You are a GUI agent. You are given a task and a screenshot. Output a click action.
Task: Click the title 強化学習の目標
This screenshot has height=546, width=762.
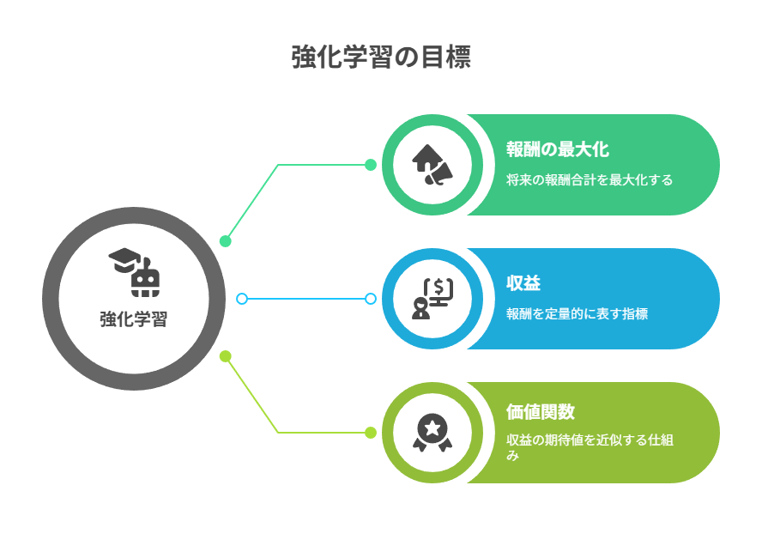(x=381, y=57)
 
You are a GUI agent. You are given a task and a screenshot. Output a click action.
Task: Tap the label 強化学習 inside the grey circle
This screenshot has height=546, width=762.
(x=134, y=319)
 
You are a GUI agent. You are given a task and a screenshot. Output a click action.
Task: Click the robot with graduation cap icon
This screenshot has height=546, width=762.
(x=134, y=272)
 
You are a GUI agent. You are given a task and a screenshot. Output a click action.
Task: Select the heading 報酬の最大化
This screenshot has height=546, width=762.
(x=558, y=149)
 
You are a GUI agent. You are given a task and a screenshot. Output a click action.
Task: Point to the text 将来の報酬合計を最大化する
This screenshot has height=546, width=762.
(x=590, y=180)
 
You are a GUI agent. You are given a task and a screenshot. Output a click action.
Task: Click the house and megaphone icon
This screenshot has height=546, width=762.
(x=432, y=165)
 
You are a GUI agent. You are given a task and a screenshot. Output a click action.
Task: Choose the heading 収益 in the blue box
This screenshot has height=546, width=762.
(x=523, y=283)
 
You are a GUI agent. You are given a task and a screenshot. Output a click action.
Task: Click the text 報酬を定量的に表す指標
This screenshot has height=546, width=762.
(x=577, y=313)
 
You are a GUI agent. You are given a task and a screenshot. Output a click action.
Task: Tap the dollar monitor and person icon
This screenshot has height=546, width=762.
(x=432, y=299)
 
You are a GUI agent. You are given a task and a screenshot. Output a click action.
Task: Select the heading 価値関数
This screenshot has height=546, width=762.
(x=541, y=412)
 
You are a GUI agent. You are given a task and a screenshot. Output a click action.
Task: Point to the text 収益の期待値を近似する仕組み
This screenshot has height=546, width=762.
(x=590, y=447)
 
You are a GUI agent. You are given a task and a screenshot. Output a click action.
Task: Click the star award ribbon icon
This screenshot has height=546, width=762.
(x=432, y=432)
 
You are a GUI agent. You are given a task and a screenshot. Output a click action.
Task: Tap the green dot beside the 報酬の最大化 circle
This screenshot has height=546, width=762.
(x=371, y=165)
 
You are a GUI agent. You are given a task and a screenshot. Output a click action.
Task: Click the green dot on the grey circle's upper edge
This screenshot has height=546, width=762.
(x=225, y=241)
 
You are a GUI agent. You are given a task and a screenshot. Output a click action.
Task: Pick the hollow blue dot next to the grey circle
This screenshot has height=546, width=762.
(x=241, y=299)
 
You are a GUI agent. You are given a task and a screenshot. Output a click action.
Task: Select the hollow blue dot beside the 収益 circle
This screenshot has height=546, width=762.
(x=371, y=299)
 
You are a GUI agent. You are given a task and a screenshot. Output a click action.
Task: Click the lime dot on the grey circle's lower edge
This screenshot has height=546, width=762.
(x=225, y=356)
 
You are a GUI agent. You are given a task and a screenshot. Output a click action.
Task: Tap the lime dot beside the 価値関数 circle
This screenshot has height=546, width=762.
(x=371, y=432)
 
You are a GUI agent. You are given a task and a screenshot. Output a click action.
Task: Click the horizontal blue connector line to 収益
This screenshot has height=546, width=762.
(x=306, y=299)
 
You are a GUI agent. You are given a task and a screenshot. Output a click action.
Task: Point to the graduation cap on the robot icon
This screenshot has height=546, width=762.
(x=124, y=260)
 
